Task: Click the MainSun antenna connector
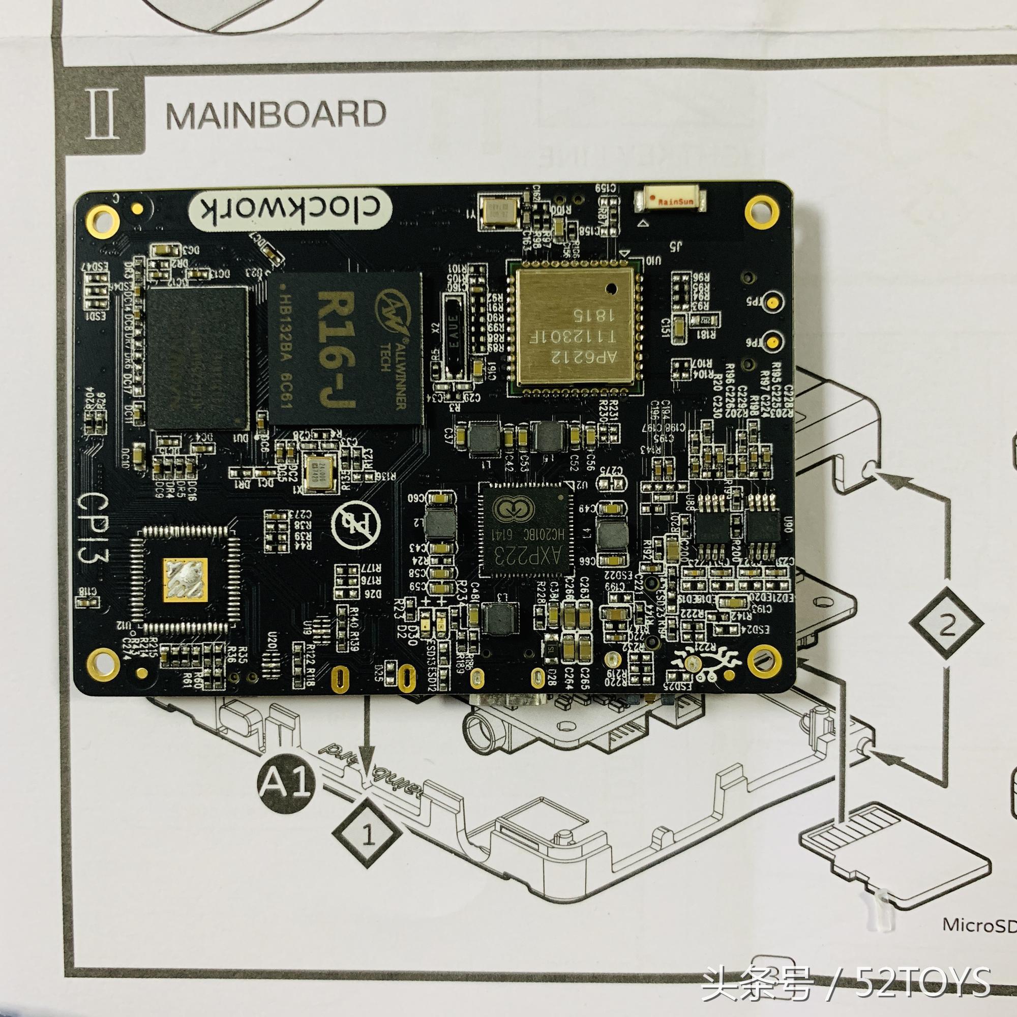(x=671, y=200)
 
